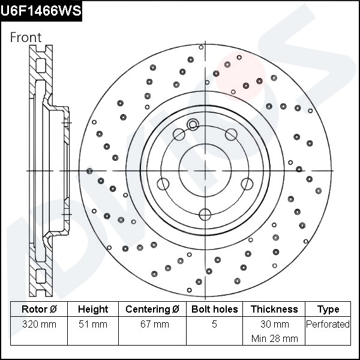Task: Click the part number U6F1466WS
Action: tap(41, 11)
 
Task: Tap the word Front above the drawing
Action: tap(26, 37)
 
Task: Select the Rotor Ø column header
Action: tap(39, 310)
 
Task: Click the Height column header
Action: tap(93, 310)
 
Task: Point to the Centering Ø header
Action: tap(152, 310)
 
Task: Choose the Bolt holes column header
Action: tap(215, 310)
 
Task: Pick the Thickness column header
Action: tap(274, 310)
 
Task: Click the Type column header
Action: tap(328, 310)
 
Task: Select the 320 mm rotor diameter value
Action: tap(39, 325)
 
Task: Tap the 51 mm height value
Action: tap(93, 325)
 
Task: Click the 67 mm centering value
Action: tap(152, 325)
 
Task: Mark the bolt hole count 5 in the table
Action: tap(215, 325)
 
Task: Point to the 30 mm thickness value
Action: tap(274, 325)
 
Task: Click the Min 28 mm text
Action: tap(274, 338)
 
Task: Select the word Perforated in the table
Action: tap(328, 325)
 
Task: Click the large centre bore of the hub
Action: tap(205, 171)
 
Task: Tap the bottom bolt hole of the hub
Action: tap(205, 214)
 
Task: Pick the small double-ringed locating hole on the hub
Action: tap(193, 125)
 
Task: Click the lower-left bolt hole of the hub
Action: tap(163, 184)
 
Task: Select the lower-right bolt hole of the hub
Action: tap(247, 184)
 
